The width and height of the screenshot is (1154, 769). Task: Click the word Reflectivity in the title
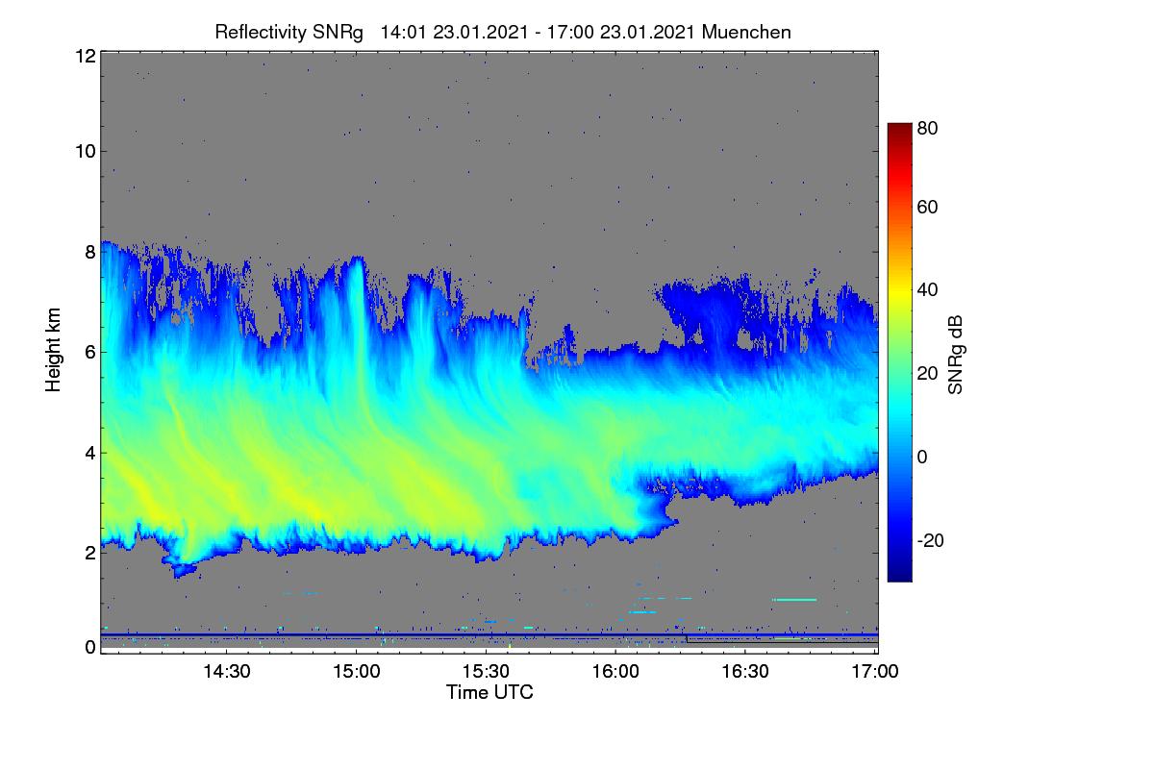coord(260,33)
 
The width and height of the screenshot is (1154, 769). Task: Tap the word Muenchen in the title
coord(746,33)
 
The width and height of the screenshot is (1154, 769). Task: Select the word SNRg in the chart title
coord(338,33)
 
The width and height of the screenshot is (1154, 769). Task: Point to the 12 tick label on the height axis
coord(86,56)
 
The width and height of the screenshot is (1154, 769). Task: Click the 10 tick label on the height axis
coord(86,152)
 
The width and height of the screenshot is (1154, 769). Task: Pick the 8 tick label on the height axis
coord(90,252)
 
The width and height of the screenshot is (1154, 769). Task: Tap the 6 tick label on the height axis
coord(90,353)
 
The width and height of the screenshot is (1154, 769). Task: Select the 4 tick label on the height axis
coord(90,454)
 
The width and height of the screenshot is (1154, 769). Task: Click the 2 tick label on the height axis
coord(90,553)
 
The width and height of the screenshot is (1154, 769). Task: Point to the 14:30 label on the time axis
coord(227,672)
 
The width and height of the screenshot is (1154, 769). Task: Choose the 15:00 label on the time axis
coord(357,672)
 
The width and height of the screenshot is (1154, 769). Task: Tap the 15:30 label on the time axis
coord(486,672)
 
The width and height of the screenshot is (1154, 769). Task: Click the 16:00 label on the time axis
coord(615,672)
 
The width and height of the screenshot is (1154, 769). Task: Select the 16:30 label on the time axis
coord(745,672)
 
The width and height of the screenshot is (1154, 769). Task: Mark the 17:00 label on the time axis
coord(875,672)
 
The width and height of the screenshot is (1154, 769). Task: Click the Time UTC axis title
coord(489,692)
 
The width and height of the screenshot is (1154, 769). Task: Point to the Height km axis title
coord(53,350)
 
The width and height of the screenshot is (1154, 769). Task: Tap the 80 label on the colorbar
coord(927,128)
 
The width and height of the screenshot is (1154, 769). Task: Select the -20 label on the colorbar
coord(931,540)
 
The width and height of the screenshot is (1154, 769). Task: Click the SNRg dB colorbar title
coord(955,356)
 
